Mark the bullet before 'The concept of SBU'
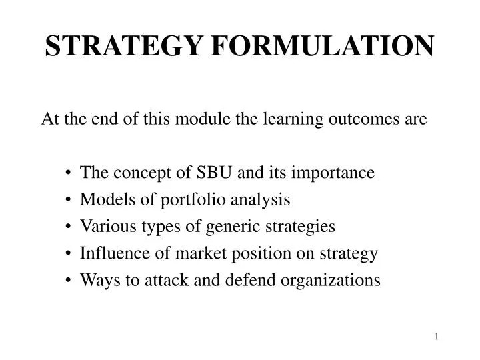69,173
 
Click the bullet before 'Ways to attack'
69,280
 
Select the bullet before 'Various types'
69,227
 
